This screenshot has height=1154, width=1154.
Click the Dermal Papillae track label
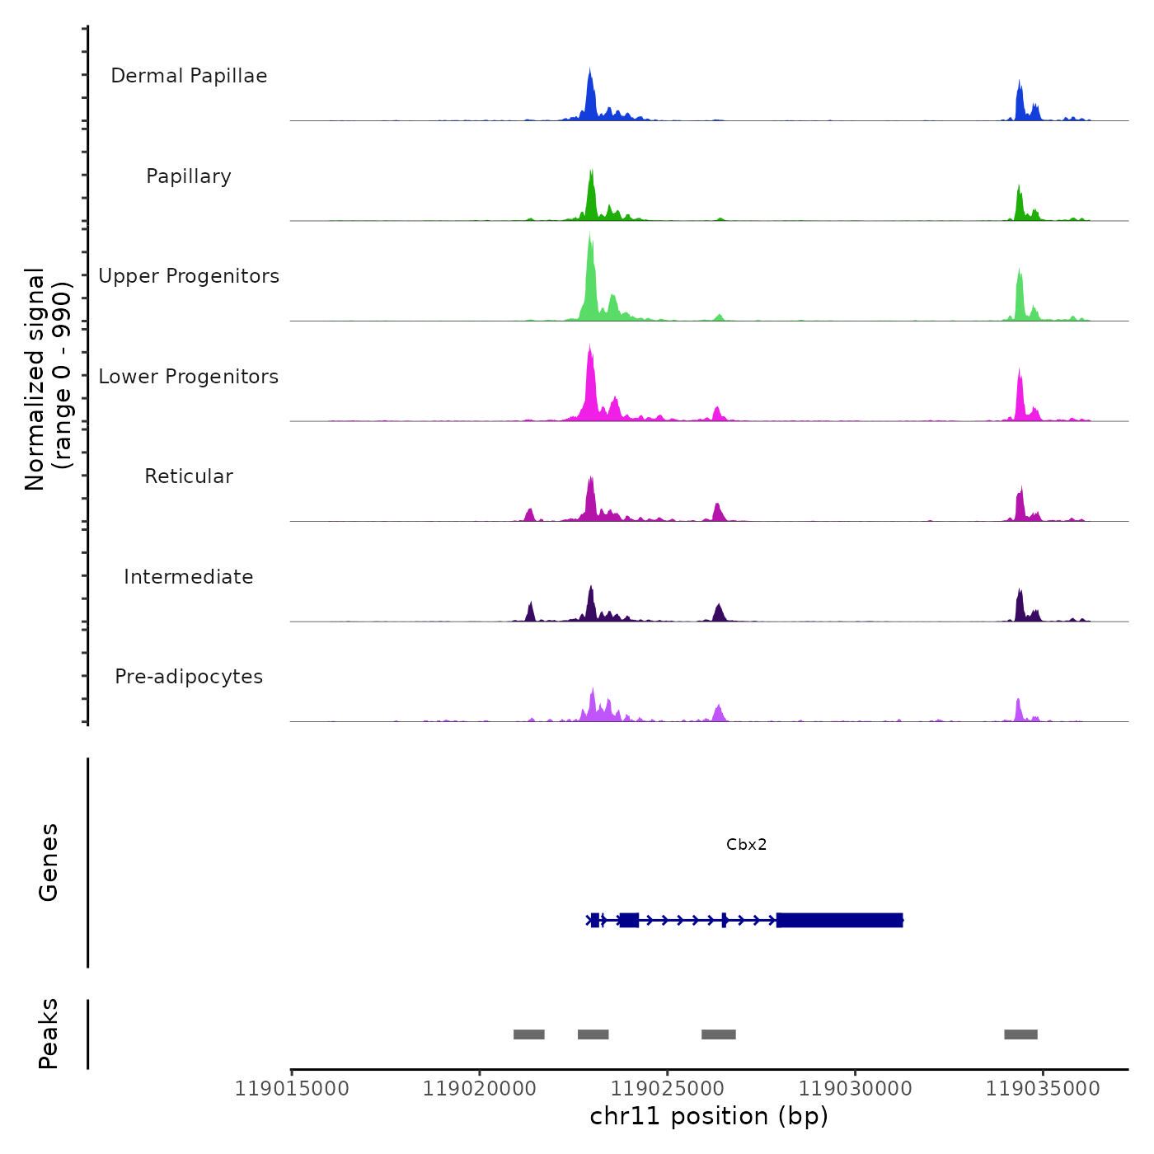[189, 76]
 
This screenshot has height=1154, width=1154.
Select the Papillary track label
[189, 176]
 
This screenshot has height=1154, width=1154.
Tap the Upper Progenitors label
[189, 276]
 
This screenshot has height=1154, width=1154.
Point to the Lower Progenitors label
[189, 377]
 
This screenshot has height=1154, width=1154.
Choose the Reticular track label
[189, 476]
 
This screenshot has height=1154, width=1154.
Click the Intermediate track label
[189, 577]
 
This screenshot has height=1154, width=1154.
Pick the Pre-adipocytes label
[189, 677]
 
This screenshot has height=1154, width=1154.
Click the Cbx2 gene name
[746, 844]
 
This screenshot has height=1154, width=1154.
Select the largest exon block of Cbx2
[839, 920]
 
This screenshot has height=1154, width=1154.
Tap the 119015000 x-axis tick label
[292, 1089]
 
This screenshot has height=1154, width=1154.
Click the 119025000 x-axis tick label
[668, 1089]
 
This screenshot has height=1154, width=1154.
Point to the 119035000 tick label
[1043, 1089]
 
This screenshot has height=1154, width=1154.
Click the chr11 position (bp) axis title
[709, 1116]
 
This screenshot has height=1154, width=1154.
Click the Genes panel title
[49, 862]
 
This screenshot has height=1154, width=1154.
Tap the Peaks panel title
[49, 1034]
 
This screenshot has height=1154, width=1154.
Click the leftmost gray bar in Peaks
[528, 1034]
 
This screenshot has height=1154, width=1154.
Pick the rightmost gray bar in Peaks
[1020, 1034]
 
